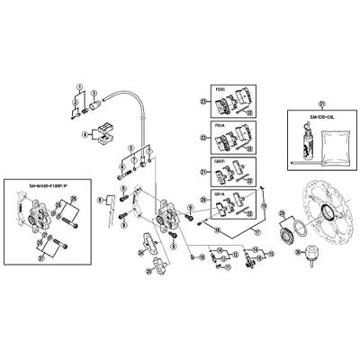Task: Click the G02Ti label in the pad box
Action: coord(203,162)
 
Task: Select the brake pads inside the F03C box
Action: coord(229,104)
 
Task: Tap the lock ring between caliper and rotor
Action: coord(287,236)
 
